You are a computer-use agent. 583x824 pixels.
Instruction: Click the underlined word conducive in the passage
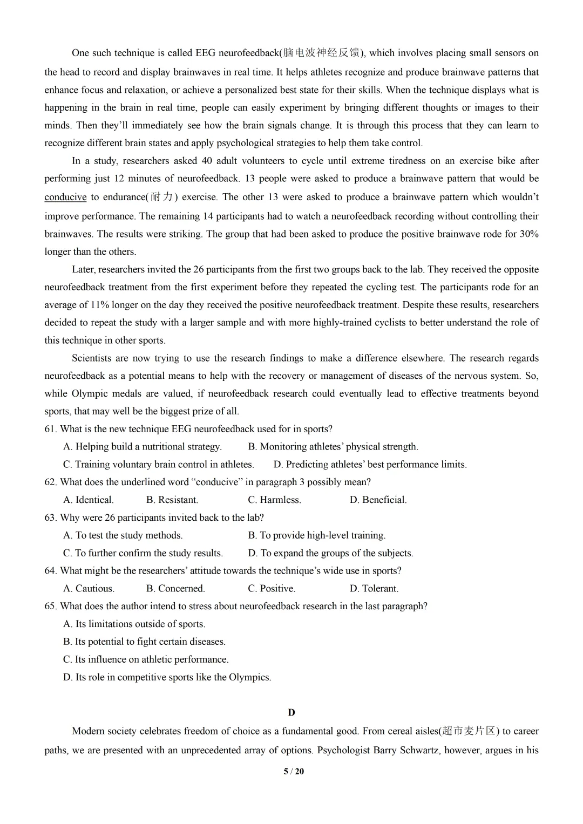tap(65, 197)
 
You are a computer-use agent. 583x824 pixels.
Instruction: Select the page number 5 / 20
tap(294, 771)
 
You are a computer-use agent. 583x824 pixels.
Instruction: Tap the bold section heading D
tap(291, 712)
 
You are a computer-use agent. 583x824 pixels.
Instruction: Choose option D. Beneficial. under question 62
tap(378, 500)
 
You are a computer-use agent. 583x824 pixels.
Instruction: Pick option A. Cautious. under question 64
tap(89, 589)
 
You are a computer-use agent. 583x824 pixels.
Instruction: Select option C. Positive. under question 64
tap(272, 589)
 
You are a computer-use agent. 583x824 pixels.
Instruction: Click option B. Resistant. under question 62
tap(172, 500)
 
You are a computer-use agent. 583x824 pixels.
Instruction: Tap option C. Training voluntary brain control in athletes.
tap(158, 465)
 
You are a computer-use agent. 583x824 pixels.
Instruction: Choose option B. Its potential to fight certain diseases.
tap(144, 642)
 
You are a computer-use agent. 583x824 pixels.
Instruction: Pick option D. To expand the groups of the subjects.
tap(330, 553)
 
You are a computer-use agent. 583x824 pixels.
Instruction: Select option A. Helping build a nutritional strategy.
tap(143, 447)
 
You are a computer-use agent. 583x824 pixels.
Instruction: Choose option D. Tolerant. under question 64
tap(374, 589)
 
